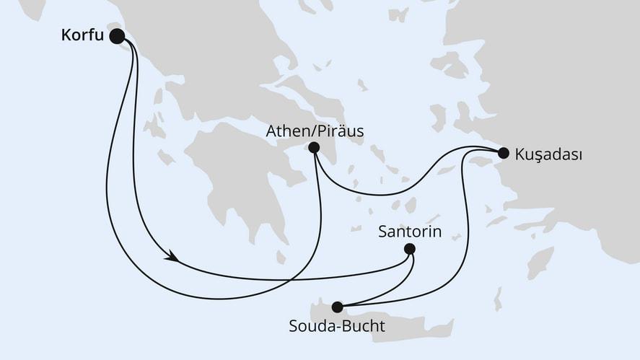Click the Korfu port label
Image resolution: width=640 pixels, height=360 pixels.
coord(80,35)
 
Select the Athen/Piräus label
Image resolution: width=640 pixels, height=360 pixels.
coord(315,131)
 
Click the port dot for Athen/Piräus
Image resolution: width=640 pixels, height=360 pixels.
coord(314,148)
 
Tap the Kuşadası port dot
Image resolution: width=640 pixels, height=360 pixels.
coord(504,152)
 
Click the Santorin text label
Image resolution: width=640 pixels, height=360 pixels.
coord(410,232)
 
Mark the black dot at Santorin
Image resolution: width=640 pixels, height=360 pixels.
coord(410,249)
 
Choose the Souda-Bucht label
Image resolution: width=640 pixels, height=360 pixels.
coord(337,326)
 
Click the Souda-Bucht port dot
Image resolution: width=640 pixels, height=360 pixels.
coord(337,307)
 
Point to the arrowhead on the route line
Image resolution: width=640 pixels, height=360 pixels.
coord(172,256)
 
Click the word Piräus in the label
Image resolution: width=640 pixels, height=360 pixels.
coord(340,131)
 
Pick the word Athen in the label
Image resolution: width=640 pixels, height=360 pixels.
coord(285,131)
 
